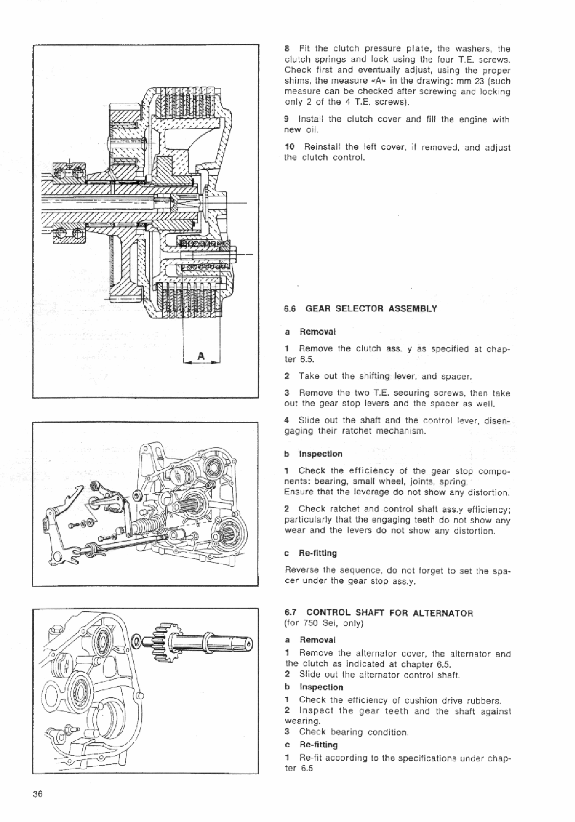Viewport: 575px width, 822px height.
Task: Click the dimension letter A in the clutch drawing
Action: [x=201, y=357]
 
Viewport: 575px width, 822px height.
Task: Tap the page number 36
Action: [x=38, y=794]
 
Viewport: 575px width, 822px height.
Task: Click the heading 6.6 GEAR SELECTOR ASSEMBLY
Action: [x=360, y=309]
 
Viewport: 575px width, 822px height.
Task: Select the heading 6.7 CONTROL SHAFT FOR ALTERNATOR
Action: [x=378, y=613]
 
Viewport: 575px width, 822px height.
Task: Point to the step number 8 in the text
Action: [x=287, y=49]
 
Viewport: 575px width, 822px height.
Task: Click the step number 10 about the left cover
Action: [x=289, y=147]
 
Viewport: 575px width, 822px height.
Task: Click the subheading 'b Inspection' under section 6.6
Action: [x=313, y=454]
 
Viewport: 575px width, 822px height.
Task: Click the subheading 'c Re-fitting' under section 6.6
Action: [x=310, y=553]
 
